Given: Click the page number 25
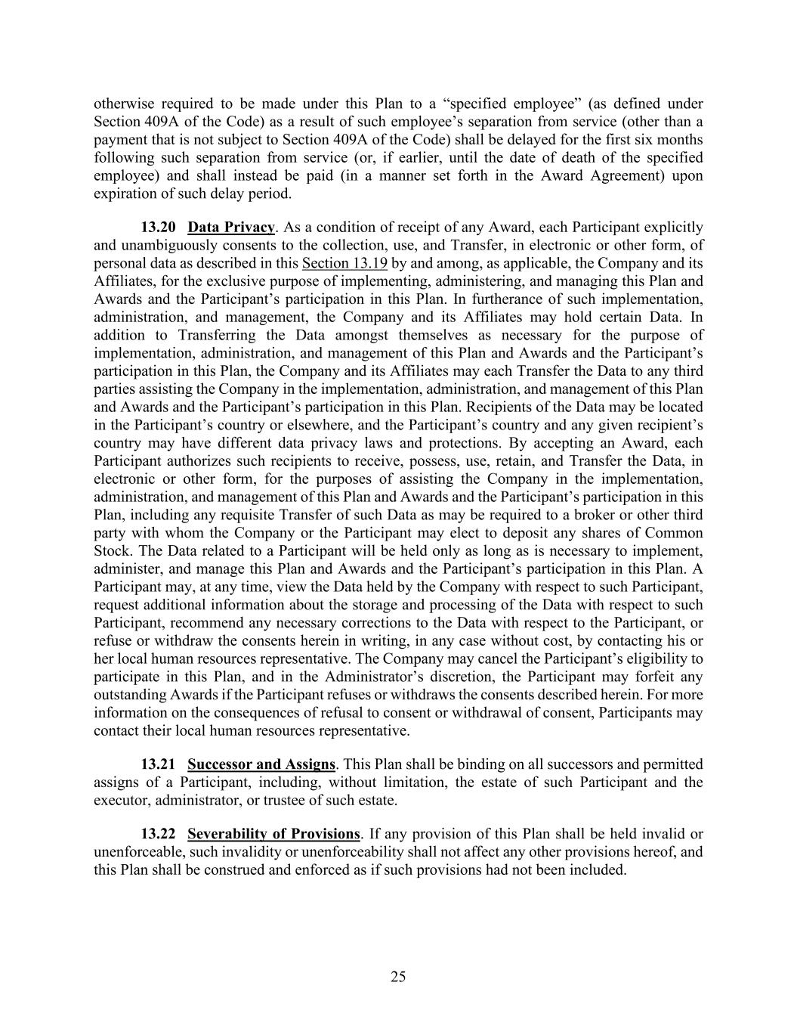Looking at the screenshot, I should click(x=398, y=977).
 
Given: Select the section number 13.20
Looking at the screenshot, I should click(x=159, y=228).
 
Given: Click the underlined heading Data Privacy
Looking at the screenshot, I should click(x=231, y=228).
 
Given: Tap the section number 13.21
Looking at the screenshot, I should click(x=159, y=764).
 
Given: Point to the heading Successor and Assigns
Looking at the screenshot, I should click(x=261, y=764).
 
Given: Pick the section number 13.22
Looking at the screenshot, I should click(x=159, y=834).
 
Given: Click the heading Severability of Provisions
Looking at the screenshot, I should click(x=273, y=834).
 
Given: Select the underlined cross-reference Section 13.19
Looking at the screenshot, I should click(x=344, y=263).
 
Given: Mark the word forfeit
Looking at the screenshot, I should click(x=657, y=677).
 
